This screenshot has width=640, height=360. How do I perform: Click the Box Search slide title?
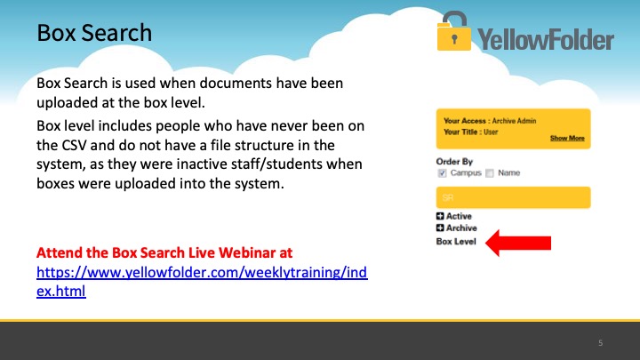[x=94, y=33]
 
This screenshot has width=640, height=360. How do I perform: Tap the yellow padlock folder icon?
[x=454, y=31]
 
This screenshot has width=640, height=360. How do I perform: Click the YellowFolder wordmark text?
[x=546, y=39]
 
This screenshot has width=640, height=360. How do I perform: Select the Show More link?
[x=567, y=138]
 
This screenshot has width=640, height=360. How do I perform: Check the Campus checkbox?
[x=442, y=173]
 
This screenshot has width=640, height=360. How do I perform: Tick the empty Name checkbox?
[x=490, y=173]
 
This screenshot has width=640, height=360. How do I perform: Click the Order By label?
[x=454, y=162]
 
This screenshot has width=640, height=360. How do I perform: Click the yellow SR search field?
[x=513, y=197]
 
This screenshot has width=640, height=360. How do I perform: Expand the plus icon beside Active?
[x=440, y=216]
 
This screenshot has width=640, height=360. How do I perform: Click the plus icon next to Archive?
[x=440, y=228]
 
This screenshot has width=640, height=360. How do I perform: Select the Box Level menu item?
[x=456, y=242]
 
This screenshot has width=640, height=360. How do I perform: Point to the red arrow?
[x=518, y=243]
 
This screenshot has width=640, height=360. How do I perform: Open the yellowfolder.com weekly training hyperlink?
[x=202, y=282]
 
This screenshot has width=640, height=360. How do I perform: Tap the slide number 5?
[x=600, y=343]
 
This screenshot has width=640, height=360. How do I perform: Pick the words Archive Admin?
[x=514, y=121]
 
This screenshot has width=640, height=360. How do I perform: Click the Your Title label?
[x=460, y=132]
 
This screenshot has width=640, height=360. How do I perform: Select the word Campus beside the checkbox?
[x=466, y=173]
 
